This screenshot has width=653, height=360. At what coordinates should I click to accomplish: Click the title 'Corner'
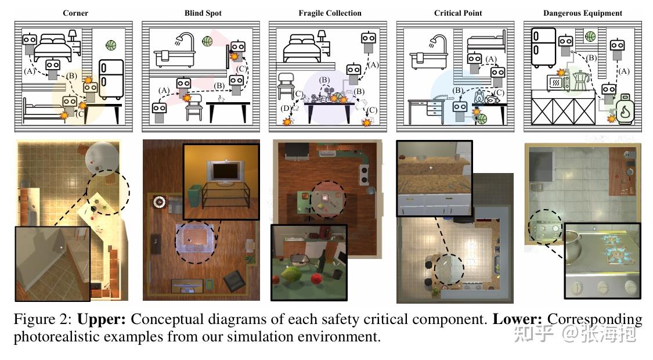tap(75, 13)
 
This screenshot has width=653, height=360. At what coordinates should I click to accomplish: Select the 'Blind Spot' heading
tap(203, 13)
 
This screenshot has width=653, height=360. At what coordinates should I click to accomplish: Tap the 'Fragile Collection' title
tap(330, 13)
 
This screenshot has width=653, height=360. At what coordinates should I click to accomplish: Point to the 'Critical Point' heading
tap(458, 13)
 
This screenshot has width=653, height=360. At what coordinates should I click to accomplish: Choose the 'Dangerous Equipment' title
tap(583, 13)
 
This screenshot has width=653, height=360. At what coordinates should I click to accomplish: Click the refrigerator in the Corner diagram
tap(111, 79)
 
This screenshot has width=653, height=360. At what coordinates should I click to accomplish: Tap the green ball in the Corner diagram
tap(111, 45)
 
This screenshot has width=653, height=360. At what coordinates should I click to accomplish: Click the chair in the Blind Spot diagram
tap(194, 107)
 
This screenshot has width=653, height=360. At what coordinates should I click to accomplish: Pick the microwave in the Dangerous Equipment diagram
tap(558, 82)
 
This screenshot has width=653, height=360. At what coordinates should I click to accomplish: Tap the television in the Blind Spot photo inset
tap(225, 172)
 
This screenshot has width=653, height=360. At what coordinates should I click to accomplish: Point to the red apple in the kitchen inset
tap(318, 279)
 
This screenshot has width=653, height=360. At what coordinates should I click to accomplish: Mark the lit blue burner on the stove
tap(618, 256)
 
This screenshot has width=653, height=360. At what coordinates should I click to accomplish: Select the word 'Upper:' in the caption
tap(101, 319)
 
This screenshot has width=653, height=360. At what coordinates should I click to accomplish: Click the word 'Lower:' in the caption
tap(517, 319)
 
